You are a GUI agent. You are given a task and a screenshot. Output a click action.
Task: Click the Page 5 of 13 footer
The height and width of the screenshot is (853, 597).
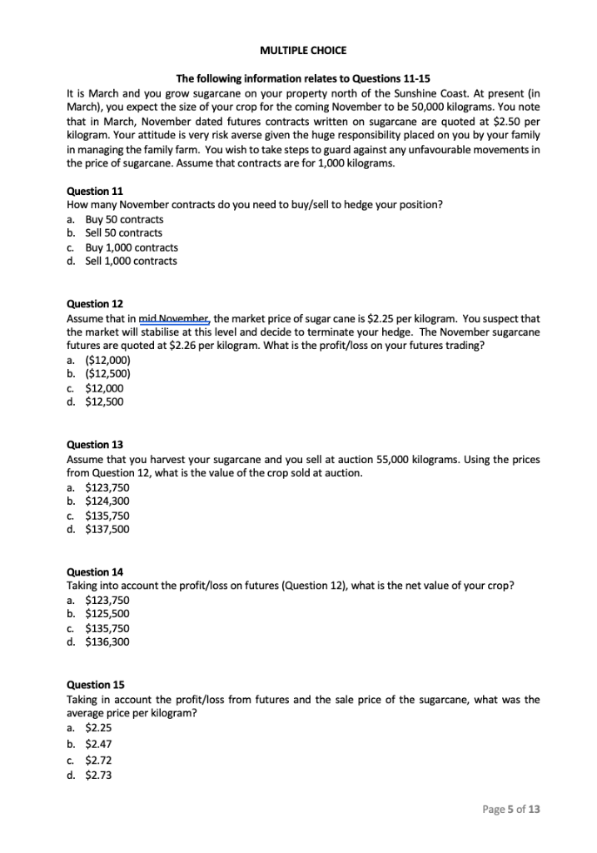pyautogui.click(x=511, y=809)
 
